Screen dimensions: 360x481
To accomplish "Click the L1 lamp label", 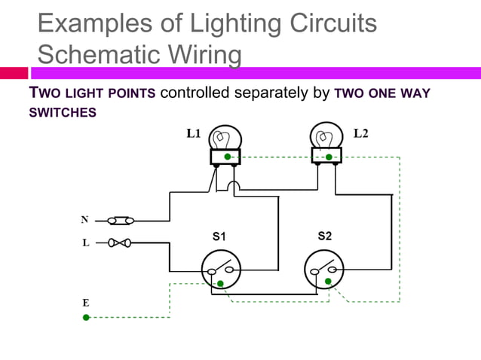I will click(x=194, y=134).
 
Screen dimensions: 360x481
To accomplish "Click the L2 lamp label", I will click(x=361, y=134).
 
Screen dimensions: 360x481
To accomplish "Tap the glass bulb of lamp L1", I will click(x=224, y=139).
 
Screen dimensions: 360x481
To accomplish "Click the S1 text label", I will click(x=219, y=236).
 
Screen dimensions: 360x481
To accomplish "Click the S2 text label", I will click(x=324, y=236).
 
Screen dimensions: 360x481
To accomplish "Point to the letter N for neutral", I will click(x=85, y=220).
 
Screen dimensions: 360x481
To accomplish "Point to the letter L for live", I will click(x=85, y=243).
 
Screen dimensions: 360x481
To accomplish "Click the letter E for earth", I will click(x=86, y=302).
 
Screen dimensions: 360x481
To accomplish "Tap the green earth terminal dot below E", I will click(x=86, y=318).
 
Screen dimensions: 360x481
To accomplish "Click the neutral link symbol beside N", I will click(x=121, y=221).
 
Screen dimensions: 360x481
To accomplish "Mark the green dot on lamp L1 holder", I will click(x=226, y=157).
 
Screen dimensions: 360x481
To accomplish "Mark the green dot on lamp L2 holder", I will click(x=329, y=157).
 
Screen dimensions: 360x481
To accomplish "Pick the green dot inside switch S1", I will click(x=220, y=283).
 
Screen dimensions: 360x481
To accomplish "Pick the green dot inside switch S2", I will click(x=327, y=282).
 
